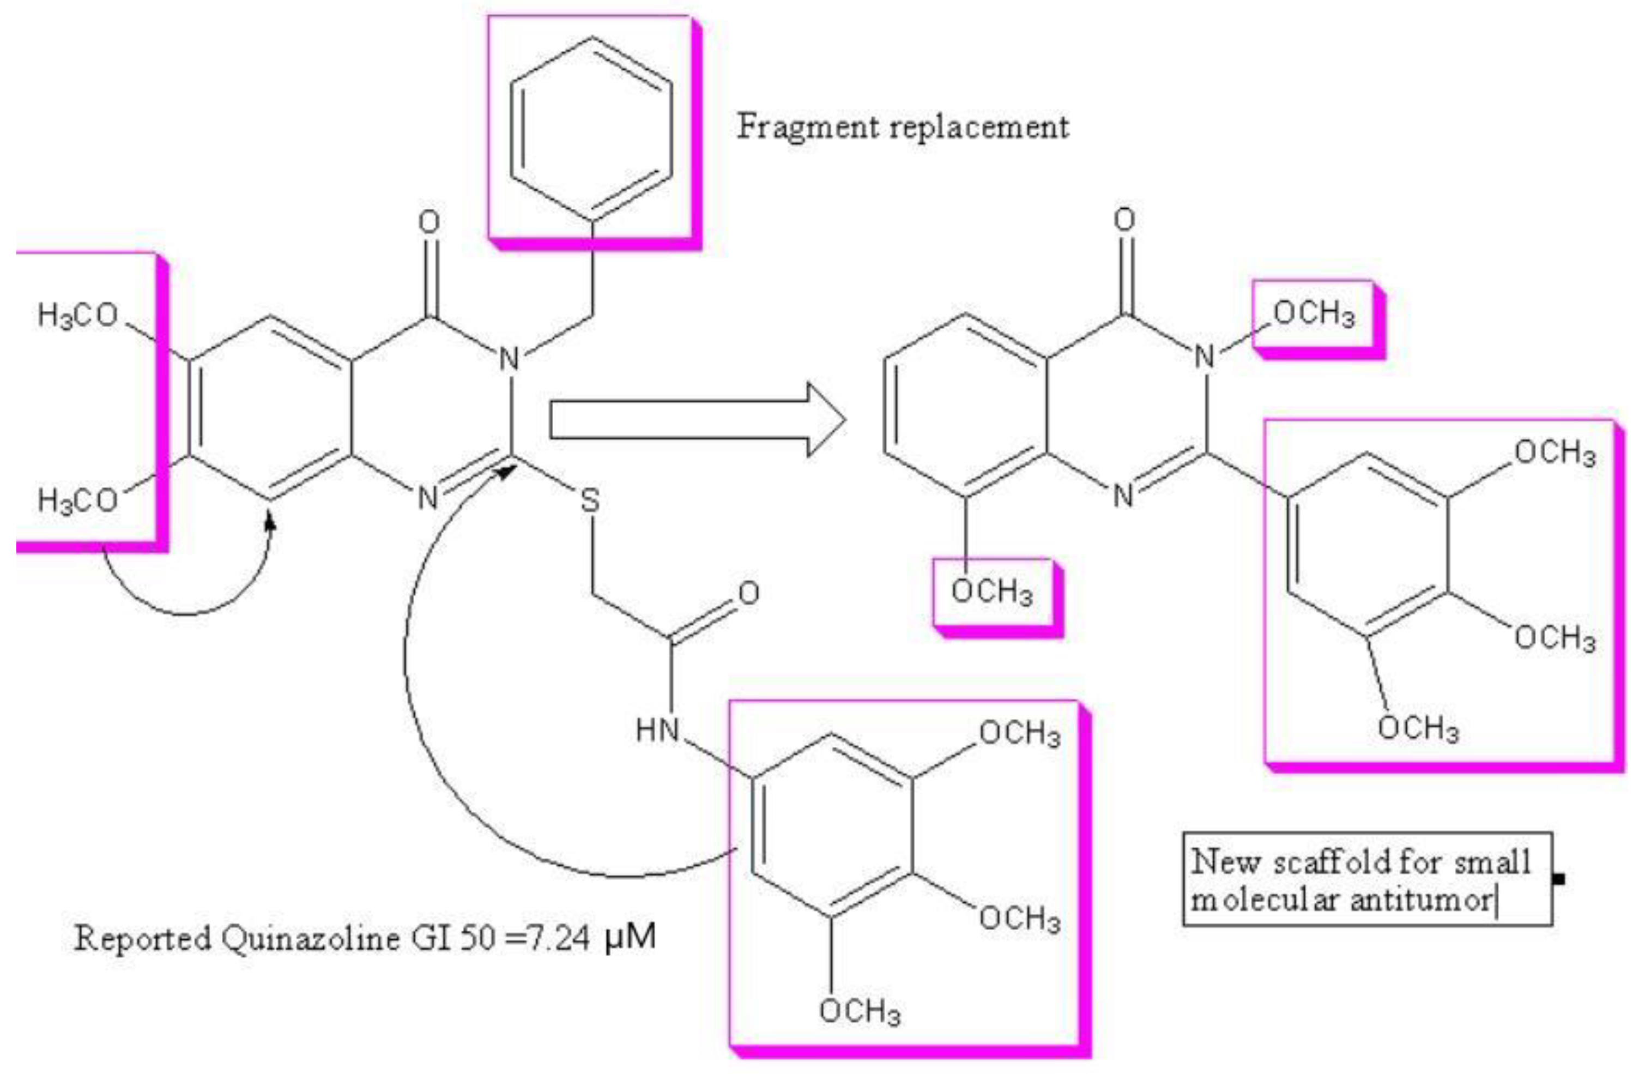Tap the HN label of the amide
click(x=657, y=729)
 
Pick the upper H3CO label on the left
click(x=77, y=316)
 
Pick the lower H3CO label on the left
click(x=77, y=499)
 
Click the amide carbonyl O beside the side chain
click(x=748, y=592)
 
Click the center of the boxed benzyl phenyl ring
click(x=591, y=129)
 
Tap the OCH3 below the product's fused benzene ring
click(x=991, y=591)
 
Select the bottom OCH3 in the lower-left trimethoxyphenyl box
click(x=859, y=1011)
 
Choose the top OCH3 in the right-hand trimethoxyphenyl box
click(x=1555, y=453)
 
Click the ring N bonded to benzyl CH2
click(x=509, y=359)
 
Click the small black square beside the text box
click(x=1559, y=878)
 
